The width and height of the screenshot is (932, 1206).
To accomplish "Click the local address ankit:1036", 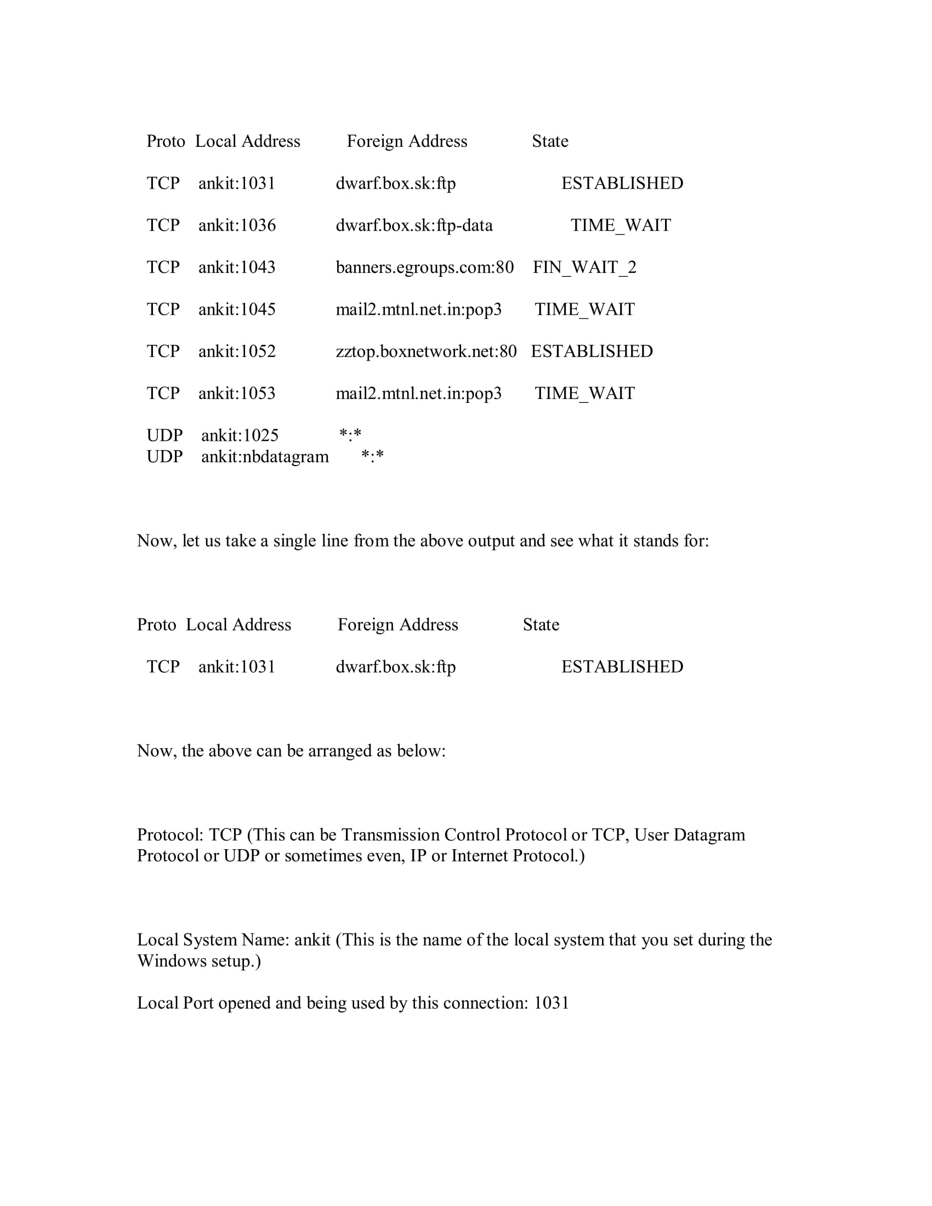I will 237,225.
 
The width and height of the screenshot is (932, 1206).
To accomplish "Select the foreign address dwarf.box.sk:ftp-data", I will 414,225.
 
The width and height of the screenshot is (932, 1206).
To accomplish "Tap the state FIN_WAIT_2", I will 584,268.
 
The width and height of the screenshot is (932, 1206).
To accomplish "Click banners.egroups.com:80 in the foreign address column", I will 424,268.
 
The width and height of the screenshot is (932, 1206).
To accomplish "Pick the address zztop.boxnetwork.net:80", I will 426,351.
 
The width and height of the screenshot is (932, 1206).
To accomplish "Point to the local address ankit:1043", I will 237,268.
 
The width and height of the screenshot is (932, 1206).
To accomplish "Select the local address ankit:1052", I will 237,351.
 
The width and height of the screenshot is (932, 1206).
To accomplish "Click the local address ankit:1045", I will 237,309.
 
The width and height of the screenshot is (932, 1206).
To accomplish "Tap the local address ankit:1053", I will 237,393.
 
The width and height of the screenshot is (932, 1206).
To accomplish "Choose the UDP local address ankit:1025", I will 240,435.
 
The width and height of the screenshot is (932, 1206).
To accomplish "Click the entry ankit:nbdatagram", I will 264,457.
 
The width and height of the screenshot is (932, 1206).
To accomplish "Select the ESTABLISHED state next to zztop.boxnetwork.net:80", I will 592,351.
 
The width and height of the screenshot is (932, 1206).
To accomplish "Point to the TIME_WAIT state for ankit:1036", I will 621,225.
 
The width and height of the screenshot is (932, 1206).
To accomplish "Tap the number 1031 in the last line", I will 551,1003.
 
